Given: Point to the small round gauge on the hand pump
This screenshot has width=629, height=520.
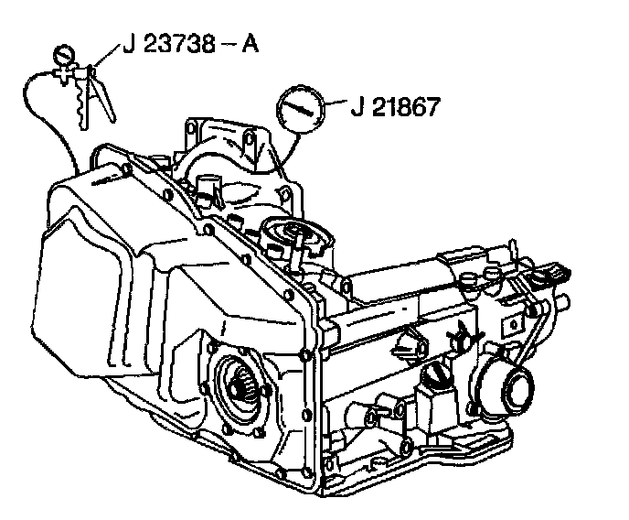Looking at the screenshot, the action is click(x=65, y=54).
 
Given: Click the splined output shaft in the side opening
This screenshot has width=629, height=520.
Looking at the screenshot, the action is click(x=243, y=385).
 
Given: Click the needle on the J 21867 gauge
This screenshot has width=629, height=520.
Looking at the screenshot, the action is click(x=297, y=109).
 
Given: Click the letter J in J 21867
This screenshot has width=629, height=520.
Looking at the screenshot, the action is click(x=355, y=107).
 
